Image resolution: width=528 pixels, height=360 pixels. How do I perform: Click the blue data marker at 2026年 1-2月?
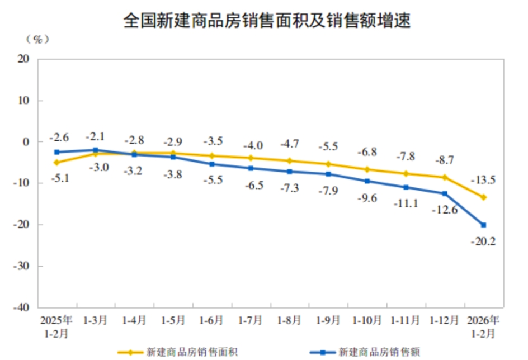484,225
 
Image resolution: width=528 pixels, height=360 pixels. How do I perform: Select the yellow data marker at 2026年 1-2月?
484,197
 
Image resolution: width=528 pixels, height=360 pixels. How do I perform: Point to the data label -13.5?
484,181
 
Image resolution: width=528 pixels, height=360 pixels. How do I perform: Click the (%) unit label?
37,39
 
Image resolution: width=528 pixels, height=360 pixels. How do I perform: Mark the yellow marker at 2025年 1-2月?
56,163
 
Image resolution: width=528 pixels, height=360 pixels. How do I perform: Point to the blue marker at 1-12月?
445,193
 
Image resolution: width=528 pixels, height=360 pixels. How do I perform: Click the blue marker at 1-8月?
290,172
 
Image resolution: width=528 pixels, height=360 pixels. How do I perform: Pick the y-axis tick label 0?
25,142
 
